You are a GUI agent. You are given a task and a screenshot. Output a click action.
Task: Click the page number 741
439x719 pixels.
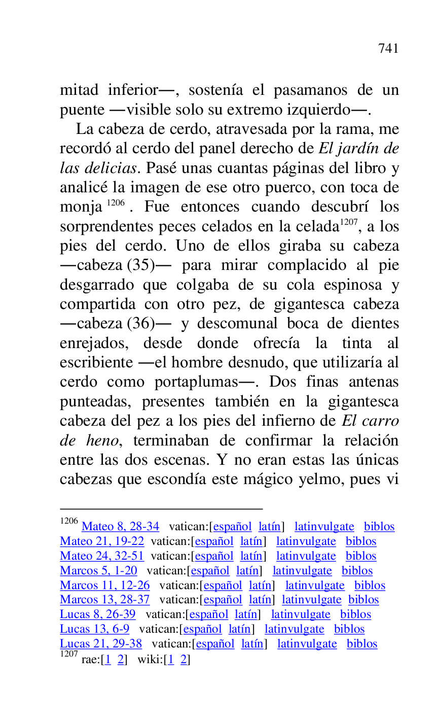(x=388, y=49)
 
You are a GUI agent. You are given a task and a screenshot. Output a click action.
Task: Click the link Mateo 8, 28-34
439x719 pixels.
(x=120, y=527)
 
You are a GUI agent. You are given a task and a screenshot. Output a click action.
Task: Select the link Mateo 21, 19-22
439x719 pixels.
(x=102, y=541)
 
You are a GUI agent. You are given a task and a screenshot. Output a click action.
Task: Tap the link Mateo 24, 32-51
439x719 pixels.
(x=102, y=556)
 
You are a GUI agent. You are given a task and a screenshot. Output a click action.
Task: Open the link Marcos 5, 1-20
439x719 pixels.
(x=98, y=571)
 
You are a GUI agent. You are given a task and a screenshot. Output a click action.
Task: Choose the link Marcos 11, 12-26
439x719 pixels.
(x=105, y=586)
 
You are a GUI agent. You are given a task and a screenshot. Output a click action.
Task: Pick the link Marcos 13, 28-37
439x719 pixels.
(x=105, y=600)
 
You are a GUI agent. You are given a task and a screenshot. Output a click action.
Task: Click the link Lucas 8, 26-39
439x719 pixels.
(x=98, y=614)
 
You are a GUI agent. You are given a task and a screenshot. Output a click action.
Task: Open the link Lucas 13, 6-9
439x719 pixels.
(x=95, y=629)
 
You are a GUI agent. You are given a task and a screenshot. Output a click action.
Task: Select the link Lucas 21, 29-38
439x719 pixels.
(x=101, y=644)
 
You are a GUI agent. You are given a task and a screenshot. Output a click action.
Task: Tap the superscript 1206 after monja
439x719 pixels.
(x=116, y=203)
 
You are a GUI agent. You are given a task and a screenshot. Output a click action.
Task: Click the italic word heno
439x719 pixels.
(x=101, y=440)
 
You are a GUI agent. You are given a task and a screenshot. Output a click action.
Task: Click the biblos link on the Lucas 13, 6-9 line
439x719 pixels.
(x=349, y=629)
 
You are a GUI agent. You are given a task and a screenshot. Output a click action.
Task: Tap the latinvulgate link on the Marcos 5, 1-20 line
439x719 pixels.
(x=302, y=571)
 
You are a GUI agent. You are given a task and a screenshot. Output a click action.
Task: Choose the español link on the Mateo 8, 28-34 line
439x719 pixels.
(x=232, y=527)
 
